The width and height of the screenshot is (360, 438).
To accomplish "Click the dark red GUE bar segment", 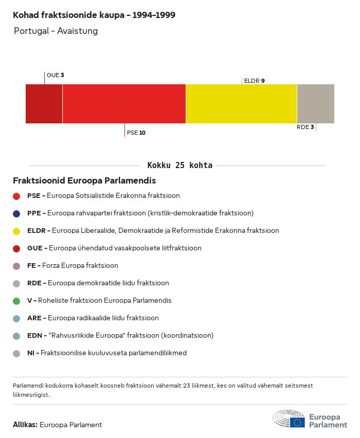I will click(44, 104).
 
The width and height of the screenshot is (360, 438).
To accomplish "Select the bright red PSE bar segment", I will click(124, 104).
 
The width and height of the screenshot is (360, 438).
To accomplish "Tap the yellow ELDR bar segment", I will click(241, 104).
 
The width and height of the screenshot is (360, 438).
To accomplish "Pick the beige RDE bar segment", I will click(315, 104).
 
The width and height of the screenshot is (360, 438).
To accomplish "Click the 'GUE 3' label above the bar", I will click(55, 75).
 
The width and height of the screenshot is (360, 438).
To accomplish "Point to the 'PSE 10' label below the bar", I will click(136, 133).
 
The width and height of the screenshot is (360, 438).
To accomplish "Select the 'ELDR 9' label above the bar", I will click(255, 81).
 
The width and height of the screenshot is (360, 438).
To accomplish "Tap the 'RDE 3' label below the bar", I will click(305, 127).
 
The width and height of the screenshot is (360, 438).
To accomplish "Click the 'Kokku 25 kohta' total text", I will click(180, 166).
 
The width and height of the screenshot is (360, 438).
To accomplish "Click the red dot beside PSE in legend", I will click(16, 196).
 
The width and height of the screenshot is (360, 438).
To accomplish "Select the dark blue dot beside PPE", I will click(16, 213).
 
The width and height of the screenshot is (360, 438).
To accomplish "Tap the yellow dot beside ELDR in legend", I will click(16, 231).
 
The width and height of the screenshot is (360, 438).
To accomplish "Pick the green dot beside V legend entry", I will click(16, 301).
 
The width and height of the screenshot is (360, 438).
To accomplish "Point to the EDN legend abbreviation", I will click(34, 336).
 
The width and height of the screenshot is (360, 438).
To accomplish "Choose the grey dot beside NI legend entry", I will click(16, 353).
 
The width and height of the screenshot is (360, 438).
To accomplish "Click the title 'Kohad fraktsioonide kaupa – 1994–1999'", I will click(94, 15).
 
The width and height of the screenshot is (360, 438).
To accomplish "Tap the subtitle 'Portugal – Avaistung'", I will click(56, 31).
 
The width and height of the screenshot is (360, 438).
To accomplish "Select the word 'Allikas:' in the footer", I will click(25, 425).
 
